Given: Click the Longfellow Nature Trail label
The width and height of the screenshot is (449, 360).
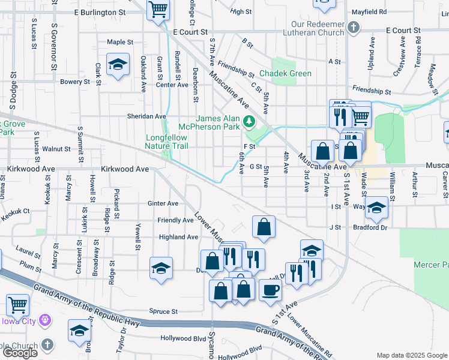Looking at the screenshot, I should click(x=167, y=142).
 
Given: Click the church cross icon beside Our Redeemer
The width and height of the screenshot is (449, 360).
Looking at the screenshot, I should click(x=354, y=28).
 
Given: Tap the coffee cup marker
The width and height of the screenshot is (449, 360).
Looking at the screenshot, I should click(x=270, y=290).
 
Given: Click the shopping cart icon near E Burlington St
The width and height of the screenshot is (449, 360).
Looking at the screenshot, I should click(x=158, y=9).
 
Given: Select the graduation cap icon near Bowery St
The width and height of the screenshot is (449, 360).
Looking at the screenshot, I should click(x=118, y=64).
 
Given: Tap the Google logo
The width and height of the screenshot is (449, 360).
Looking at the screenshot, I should click(x=20, y=353).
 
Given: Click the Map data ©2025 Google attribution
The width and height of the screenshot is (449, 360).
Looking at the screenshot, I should click(x=412, y=355).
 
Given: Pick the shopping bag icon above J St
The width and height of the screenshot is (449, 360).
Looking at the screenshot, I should click(x=264, y=227).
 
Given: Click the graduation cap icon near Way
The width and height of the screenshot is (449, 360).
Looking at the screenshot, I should click(x=376, y=208).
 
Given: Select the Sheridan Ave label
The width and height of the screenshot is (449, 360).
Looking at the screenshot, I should click(x=146, y=116).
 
